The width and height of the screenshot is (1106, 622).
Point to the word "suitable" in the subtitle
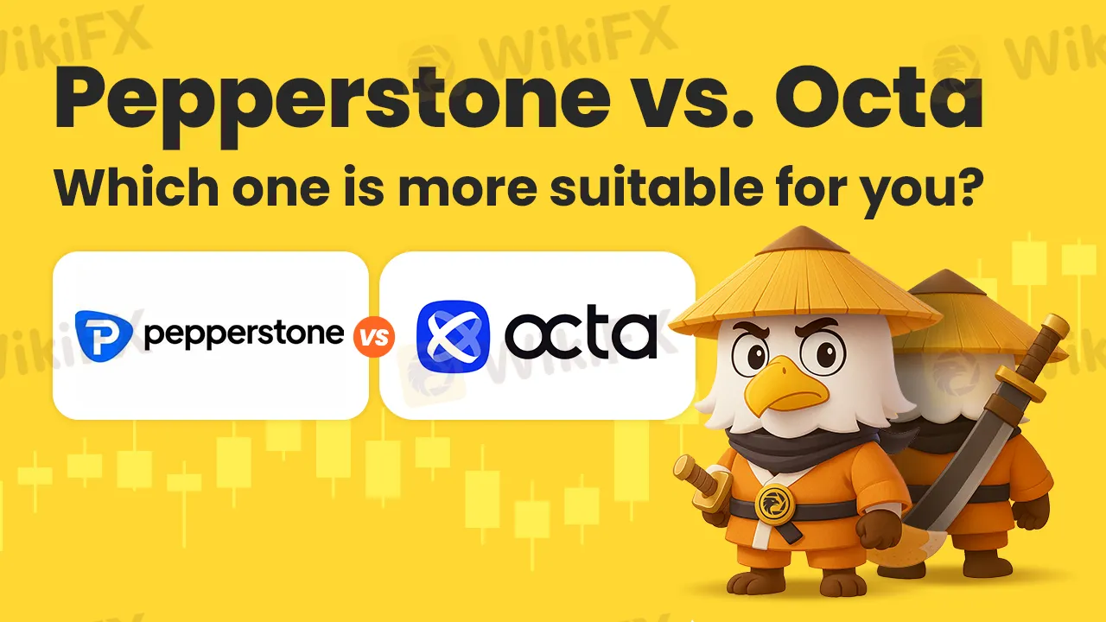coord(656,187)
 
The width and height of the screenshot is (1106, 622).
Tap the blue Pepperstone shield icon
coord(103,336)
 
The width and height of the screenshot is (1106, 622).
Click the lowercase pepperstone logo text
coord(244,334)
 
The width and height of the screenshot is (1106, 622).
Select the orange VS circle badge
coord(374,337)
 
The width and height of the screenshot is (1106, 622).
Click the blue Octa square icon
coord(454,336)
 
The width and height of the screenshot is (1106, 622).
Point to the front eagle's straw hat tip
coord(802,228)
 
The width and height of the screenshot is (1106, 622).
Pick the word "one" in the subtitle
coord(281,191)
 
